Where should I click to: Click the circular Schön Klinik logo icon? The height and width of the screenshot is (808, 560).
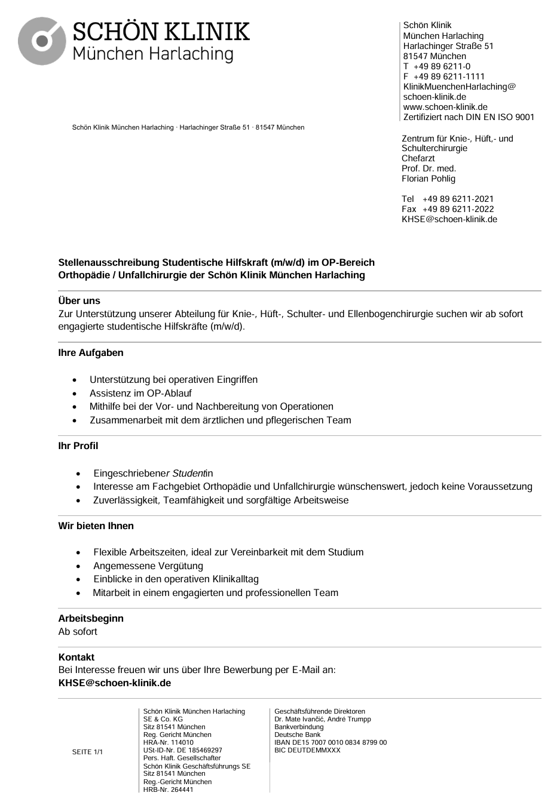click(41, 41)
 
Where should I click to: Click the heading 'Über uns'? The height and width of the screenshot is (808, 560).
click(79, 300)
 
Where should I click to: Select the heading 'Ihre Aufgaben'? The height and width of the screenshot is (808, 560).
click(91, 352)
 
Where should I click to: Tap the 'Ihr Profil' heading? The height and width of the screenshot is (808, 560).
click(78, 446)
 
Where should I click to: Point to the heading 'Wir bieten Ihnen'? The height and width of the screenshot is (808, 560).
click(96, 526)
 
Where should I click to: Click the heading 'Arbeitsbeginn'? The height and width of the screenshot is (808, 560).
click(91, 618)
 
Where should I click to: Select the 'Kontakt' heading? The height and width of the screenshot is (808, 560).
click(76, 657)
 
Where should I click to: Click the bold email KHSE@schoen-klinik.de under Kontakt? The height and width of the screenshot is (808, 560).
click(115, 683)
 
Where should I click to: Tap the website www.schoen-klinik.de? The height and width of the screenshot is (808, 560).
click(445, 107)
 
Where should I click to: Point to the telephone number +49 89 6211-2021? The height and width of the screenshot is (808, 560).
click(458, 199)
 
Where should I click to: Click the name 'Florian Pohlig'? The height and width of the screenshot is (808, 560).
click(429, 179)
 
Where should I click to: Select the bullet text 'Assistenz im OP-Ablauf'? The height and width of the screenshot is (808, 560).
click(140, 393)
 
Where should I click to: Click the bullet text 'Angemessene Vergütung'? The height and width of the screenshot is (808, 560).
click(148, 566)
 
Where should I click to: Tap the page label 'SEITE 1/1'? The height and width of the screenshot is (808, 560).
click(87, 752)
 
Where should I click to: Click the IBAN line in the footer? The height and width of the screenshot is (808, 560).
click(331, 742)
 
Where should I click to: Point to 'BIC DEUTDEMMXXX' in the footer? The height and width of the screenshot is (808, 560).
click(307, 750)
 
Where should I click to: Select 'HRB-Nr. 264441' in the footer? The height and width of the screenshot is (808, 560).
click(169, 789)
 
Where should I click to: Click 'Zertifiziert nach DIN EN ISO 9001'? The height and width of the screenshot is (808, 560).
click(469, 117)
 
